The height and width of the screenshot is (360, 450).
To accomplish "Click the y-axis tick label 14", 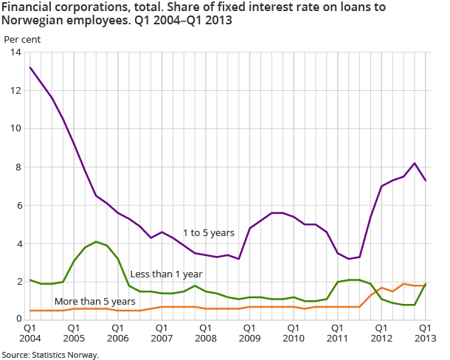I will [15, 52].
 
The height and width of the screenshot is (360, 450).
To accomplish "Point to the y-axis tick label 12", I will [15, 91].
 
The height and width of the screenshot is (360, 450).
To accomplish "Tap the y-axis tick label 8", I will [17, 167].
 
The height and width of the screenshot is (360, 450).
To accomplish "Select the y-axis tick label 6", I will [17, 206].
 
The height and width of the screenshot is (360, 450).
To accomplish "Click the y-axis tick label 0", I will [17, 319].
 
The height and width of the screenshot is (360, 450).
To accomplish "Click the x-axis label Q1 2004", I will [30, 332].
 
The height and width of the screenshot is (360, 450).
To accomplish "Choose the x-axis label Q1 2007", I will [162, 332].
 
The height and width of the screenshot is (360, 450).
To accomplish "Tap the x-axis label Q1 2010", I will [294, 332].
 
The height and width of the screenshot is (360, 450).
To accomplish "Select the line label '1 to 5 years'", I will [209, 233].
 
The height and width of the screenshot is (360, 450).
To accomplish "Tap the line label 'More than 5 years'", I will [94, 301].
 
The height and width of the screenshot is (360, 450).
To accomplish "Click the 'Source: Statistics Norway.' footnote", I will [49, 355].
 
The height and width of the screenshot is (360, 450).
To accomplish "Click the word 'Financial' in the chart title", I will [25, 7].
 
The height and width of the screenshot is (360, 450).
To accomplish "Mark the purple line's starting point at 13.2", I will [30, 67].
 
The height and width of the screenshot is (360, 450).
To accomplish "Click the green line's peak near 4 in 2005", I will [96, 241].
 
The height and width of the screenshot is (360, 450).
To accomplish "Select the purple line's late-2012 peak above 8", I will [415, 163].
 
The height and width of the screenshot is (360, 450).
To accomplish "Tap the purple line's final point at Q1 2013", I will [426, 180].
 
